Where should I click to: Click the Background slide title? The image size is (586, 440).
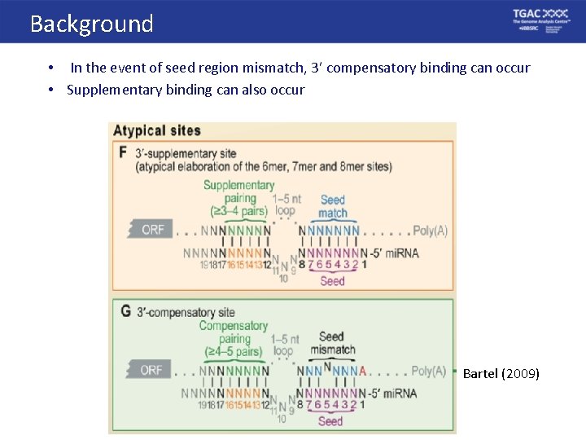click(91, 24)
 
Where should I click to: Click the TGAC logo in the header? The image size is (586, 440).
click(540, 20)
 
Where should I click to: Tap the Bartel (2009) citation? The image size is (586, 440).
click(501, 374)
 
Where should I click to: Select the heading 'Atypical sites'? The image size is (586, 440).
click(157, 130)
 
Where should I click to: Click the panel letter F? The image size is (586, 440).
click(124, 152)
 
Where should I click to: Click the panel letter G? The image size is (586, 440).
click(125, 310)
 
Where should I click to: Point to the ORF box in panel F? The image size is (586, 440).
click(151, 230)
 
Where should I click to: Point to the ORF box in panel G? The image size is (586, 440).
click(151, 370)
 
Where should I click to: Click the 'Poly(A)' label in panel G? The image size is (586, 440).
click(428, 371)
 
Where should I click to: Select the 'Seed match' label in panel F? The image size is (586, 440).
click(332, 206)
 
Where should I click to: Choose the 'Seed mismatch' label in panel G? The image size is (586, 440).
click(331, 343)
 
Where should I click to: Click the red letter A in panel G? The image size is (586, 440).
click(362, 372)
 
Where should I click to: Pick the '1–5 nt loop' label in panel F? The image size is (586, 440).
click(284, 204)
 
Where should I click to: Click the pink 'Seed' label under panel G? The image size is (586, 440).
click(330, 421)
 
